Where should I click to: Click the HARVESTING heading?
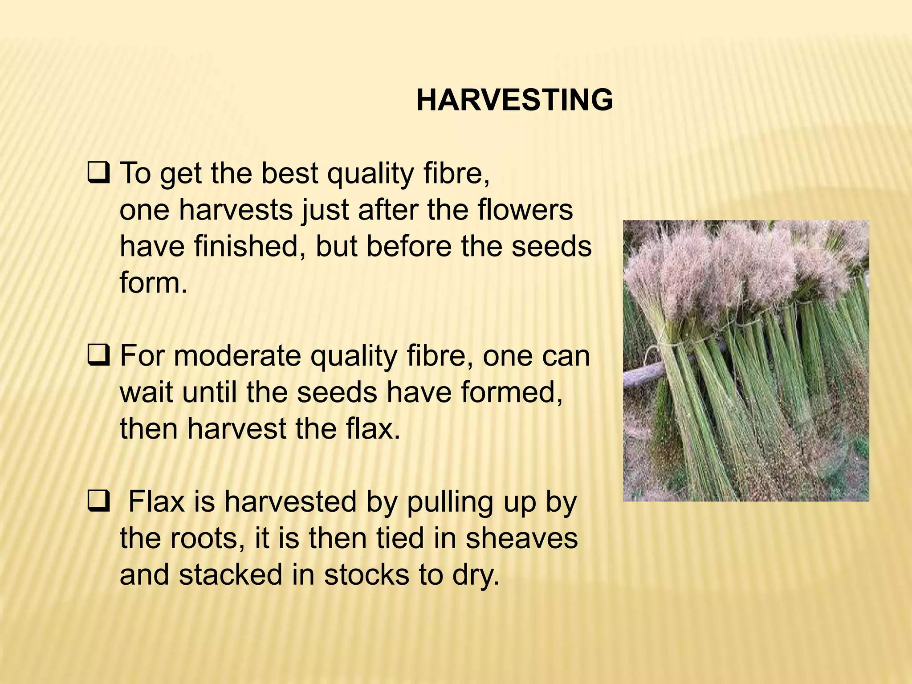pos(514,100)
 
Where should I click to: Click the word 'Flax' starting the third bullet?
pos(156,502)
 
